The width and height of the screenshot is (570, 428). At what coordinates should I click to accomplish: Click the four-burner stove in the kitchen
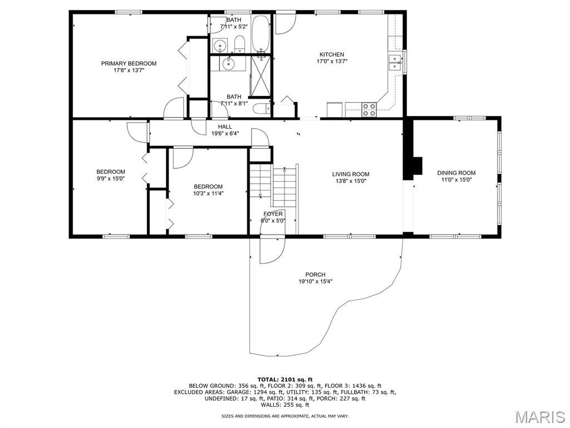click(x=369, y=110)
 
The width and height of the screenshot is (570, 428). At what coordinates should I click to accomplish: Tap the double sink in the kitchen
click(x=395, y=62)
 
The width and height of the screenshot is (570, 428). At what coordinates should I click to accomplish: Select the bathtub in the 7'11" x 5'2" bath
click(x=261, y=34)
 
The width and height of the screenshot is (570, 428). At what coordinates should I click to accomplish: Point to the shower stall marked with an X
click(x=261, y=76)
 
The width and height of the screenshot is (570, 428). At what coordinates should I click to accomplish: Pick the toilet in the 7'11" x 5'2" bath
click(x=239, y=43)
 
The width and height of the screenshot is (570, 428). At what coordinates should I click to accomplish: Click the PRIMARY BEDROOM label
click(x=129, y=64)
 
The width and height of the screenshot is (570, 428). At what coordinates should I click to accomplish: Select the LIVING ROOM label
click(x=351, y=174)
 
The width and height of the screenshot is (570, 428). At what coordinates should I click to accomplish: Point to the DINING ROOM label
click(x=456, y=173)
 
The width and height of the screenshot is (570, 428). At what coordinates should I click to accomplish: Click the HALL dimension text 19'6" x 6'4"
click(x=225, y=133)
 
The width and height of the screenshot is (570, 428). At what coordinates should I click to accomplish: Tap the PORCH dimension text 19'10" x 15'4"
click(x=316, y=281)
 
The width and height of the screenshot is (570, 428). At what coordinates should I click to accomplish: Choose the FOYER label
click(x=273, y=214)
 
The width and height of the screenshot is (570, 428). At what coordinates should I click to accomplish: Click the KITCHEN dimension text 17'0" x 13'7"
click(x=332, y=61)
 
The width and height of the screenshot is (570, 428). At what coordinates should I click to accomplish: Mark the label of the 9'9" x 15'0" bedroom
click(x=111, y=172)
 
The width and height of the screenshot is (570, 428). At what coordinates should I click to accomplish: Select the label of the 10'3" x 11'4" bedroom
click(x=208, y=187)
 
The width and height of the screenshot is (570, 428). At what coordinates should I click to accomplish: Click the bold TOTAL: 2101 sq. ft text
click(x=285, y=379)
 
